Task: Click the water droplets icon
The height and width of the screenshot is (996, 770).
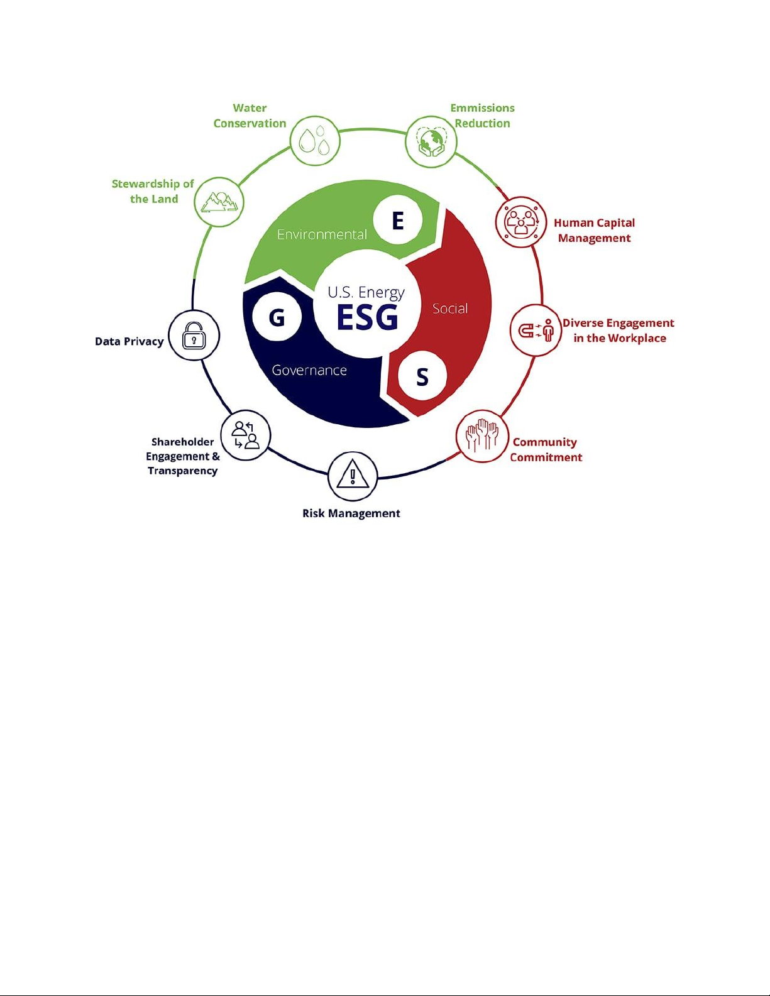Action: pos(315,141)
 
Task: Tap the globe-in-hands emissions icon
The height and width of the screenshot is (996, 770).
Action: pos(431,141)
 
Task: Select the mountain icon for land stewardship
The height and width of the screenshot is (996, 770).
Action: pos(219,202)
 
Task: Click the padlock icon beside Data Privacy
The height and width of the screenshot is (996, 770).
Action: pos(194,335)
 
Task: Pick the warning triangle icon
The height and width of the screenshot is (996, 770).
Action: pos(353,473)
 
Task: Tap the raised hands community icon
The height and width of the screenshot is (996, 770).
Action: pos(482,436)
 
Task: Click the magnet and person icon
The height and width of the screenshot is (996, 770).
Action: pos(536,330)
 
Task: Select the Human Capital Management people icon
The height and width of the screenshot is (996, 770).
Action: pos(521,222)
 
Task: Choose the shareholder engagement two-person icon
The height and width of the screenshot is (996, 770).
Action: pos(246,434)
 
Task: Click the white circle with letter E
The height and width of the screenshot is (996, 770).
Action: pos(397,221)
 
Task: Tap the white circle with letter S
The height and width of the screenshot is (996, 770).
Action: pos(422,376)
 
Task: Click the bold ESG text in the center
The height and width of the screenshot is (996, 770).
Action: pos(367,317)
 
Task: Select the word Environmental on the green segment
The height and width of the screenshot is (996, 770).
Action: pos(322,234)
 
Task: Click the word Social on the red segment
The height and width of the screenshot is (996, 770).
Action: pos(449,309)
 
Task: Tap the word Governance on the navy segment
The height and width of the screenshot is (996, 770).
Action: pos(309,370)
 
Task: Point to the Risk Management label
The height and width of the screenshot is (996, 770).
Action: pos(351,513)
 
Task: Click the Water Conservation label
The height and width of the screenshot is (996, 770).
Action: pos(250,116)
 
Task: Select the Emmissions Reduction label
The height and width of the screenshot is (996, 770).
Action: pos(482,116)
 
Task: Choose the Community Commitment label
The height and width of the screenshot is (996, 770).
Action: pos(546,450)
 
